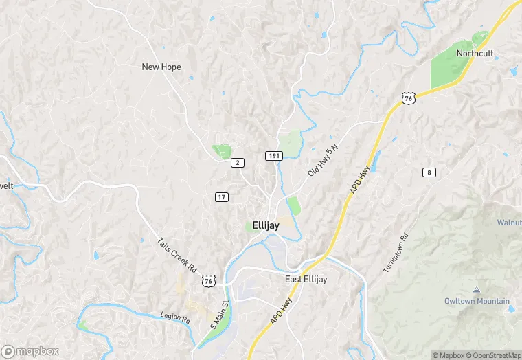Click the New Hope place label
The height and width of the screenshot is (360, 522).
pyautogui.click(x=161, y=67)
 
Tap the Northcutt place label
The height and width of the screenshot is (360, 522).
pyautogui.click(x=475, y=53)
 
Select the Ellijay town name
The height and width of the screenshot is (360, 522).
pyautogui.click(x=266, y=225)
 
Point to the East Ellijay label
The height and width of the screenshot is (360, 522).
pyautogui.click(x=306, y=279)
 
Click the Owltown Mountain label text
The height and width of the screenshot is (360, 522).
pyautogui.click(x=477, y=301)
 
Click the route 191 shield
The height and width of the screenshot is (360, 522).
pyautogui.click(x=274, y=156)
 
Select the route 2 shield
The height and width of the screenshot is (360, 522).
pyautogui.click(x=238, y=162)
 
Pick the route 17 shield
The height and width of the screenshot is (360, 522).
pyautogui.click(x=221, y=197)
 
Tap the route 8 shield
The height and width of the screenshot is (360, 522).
pyautogui.click(x=429, y=172)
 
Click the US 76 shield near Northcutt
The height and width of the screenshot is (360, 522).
pyautogui.click(x=409, y=99)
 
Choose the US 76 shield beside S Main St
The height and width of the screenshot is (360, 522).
pyautogui.click(x=209, y=281)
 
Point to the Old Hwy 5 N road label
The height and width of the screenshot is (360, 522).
pyautogui.click(x=324, y=159)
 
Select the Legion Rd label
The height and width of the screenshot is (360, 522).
pyautogui.click(x=175, y=317)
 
